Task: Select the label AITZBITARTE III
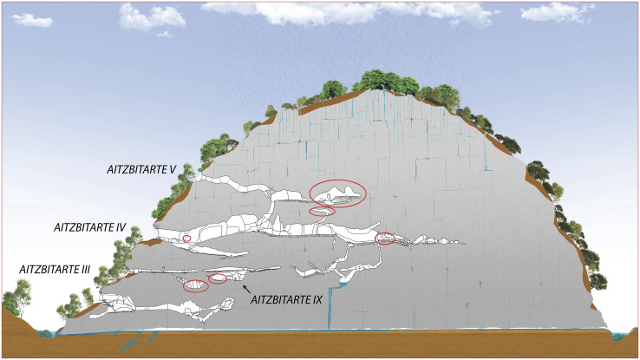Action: [x=55, y=271]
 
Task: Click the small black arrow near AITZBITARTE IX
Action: [x=247, y=288]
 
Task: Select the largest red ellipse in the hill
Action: [x=337, y=194]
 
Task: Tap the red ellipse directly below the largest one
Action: [x=323, y=211]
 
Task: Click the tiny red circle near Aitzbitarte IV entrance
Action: [x=186, y=238]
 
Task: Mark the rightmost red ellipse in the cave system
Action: [x=384, y=238]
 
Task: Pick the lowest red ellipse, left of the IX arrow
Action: [x=196, y=285]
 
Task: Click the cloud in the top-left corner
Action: [x=32, y=19]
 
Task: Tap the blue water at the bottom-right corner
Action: [x=625, y=335]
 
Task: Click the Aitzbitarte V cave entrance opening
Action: [x=201, y=177]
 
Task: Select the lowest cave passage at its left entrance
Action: [x=106, y=300]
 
